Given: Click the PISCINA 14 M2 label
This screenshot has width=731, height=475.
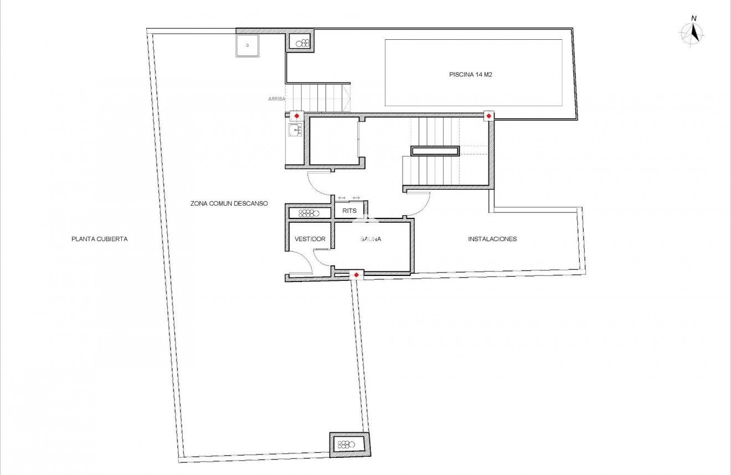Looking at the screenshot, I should point(470,75).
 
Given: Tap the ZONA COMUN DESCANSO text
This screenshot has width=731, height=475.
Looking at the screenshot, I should point(229,203).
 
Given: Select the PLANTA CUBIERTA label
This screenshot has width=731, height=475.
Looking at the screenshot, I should point(100,239).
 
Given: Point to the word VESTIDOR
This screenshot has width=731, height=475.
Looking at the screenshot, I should point(310,239).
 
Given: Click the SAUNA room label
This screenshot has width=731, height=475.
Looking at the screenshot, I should point(371,239).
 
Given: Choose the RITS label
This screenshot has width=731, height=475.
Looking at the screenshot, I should point(349,211).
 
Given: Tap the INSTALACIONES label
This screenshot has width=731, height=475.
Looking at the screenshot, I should point(492,239).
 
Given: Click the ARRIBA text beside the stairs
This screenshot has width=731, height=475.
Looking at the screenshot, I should point(276,98).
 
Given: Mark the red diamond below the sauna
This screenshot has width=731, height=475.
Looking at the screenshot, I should point(356,275).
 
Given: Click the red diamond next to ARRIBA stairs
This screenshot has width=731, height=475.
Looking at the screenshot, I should point(297,116).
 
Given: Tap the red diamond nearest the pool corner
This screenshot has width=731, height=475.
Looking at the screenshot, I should point(488,116).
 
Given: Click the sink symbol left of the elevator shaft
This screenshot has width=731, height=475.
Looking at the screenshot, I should point(294,131).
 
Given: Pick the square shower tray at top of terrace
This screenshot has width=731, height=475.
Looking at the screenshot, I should point(247,45).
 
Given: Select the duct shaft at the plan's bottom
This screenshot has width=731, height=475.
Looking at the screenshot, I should point(349,444).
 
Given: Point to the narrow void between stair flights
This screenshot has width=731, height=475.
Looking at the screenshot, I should point(435,150).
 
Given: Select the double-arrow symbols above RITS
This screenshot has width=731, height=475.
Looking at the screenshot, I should point(349,198).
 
